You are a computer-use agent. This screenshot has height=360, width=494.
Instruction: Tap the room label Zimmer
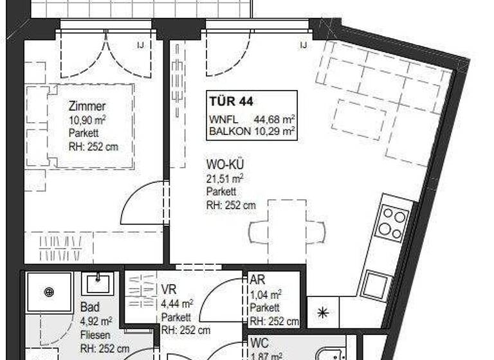click(87, 107)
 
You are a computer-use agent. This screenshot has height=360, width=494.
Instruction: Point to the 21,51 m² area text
click(225, 178)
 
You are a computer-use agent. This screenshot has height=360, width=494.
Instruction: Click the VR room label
click(169, 290)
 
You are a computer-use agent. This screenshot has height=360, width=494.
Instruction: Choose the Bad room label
click(91, 308)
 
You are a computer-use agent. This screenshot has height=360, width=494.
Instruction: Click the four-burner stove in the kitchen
click(392, 222)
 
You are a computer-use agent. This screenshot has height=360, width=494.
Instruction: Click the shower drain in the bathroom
click(50, 292)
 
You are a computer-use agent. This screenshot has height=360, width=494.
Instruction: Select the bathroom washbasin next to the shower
click(98, 282)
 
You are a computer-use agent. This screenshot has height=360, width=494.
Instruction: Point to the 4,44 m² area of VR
click(178, 303)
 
